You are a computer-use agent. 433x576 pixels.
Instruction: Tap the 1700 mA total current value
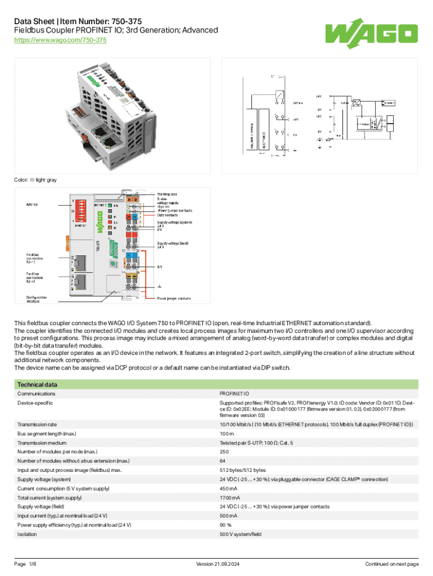(232, 498)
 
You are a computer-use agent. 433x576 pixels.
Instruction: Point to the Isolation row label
(27, 534)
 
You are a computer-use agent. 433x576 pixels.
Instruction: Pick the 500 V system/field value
(241, 534)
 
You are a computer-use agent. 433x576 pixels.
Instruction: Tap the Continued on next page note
(391, 564)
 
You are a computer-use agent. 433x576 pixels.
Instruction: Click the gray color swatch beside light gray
(32, 180)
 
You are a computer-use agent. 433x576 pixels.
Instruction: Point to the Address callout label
(32, 204)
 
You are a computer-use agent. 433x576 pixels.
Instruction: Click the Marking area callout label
(167, 194)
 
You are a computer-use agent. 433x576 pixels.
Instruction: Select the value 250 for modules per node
(224, 452)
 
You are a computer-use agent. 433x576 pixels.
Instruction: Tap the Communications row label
(37, 394)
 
